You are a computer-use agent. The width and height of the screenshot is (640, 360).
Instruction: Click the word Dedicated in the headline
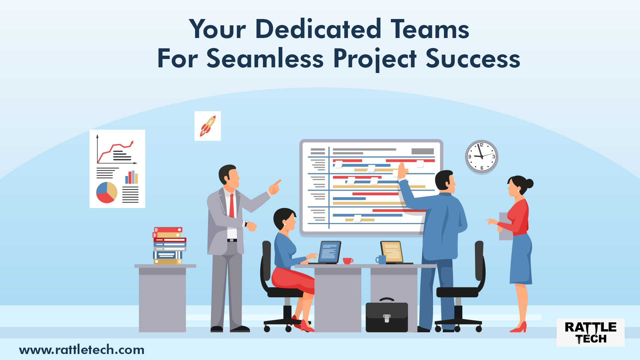point(318,29)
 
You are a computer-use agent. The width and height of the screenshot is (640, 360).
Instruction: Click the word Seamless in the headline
point(265,59)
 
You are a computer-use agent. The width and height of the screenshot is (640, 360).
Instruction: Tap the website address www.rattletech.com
point(82,350)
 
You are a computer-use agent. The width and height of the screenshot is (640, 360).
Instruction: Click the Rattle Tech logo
point(590,332)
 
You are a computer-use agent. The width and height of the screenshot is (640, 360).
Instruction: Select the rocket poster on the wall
point(208,126)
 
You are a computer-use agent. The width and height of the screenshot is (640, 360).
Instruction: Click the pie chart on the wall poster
point(107,192)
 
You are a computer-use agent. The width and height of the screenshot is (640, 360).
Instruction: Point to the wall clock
point(481,156)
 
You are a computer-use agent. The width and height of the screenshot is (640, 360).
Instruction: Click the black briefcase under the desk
point(387,317)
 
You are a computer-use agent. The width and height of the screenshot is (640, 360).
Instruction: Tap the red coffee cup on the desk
point(348,261)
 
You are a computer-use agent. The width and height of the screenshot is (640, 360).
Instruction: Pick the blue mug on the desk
point(381,259)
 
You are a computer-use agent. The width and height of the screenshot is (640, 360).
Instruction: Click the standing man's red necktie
point(231,205)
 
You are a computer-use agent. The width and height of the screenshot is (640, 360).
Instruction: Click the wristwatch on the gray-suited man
point(246,224)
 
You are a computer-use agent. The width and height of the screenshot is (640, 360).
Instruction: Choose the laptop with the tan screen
point(392,252)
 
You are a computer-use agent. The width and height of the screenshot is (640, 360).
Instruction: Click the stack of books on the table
point(169,246)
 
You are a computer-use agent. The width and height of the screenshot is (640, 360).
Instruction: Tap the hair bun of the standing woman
point(529,183)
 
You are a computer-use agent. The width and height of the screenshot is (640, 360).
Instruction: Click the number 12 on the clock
point(481,145)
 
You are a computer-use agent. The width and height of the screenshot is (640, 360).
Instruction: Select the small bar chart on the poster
point(131,177)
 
